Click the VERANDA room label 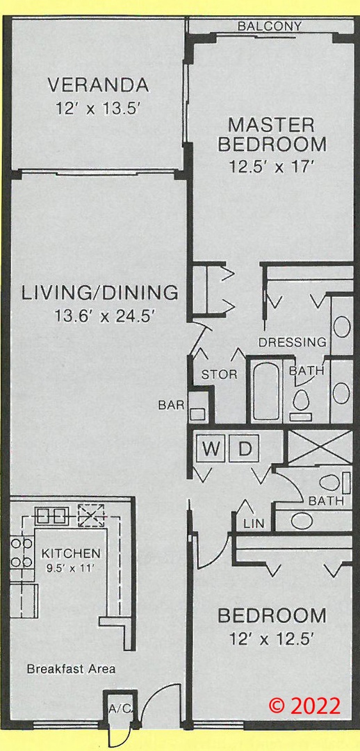point(98,86)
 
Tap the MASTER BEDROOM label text point(272,134)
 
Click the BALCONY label point(270,26)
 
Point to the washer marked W point(210,449)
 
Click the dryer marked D point(245,449)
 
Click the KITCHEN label point(72,554)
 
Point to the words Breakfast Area point(71,669)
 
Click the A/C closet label point(120,709)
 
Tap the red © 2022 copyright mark point(304,705)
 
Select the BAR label point(172,405)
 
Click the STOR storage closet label point(219,374)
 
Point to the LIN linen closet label point(254,524)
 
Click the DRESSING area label point(292,342)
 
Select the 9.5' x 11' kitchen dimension point(72,570)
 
